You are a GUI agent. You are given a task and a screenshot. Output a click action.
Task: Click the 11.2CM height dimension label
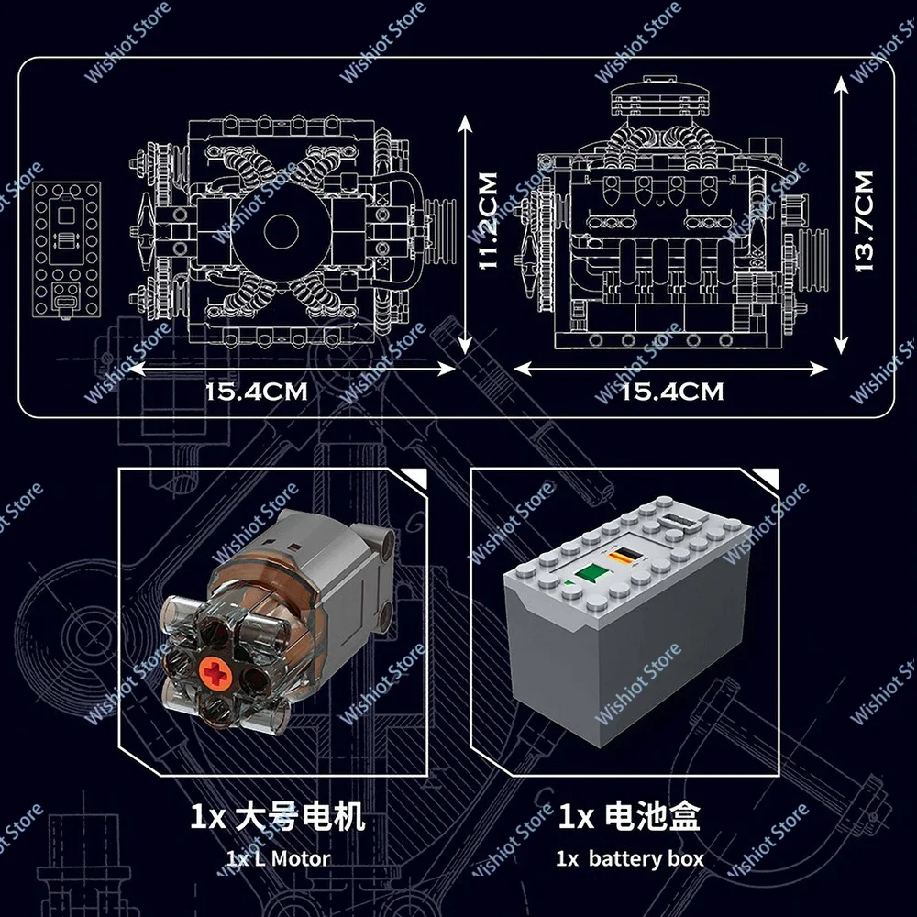pyautogui.click(x=489, y=221)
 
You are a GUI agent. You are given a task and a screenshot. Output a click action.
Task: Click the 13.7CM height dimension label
pyautogui.click(x=864, y=221)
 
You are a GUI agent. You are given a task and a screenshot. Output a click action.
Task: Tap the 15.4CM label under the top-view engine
pyautogui.click(x=256, y=392)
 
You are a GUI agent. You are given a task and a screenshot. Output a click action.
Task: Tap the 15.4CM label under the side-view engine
pyautogui.click(x=672, y=392)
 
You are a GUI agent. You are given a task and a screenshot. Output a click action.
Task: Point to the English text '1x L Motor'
pyautogui.click(x=278, y=858)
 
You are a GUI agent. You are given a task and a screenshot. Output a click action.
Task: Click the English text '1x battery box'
pyautogui.click(x=629, y=858)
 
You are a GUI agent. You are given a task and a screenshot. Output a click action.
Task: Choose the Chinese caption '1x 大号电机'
pyautogui.click(x=277, y=816)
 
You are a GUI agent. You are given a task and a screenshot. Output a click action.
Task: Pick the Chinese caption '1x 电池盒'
pyautogui.click(x=629, y=816)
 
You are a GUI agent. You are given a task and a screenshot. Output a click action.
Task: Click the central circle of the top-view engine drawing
pyautogui.click(x=281, y=231)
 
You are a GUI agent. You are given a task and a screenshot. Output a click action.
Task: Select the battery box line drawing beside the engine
pyautogui.click(x=66, y=249)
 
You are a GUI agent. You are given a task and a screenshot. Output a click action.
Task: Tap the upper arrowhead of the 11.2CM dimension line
pyautogui.click(x=465, y=124)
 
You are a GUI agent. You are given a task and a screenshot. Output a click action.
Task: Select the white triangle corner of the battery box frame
pyautogui.click(x=768, y=477)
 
